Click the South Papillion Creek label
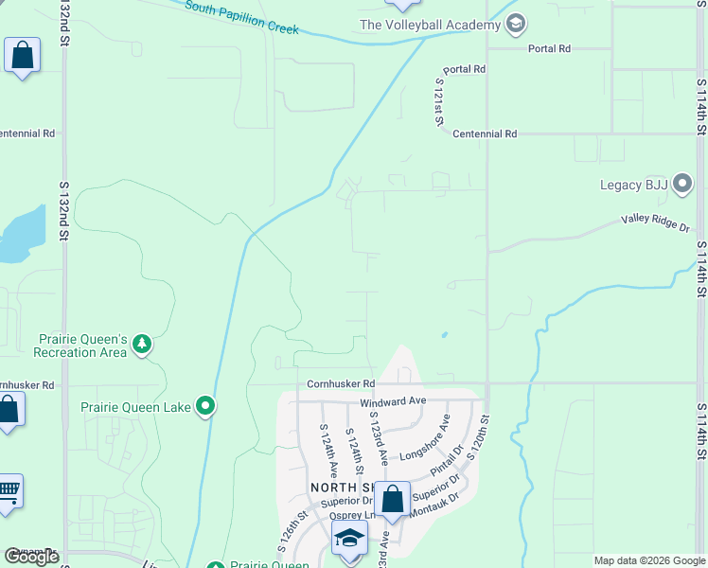241,18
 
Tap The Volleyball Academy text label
431,25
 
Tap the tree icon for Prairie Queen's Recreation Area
142,344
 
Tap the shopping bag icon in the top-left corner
22,56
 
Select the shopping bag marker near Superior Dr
392,499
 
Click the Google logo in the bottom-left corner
31,557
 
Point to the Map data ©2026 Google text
649,560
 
